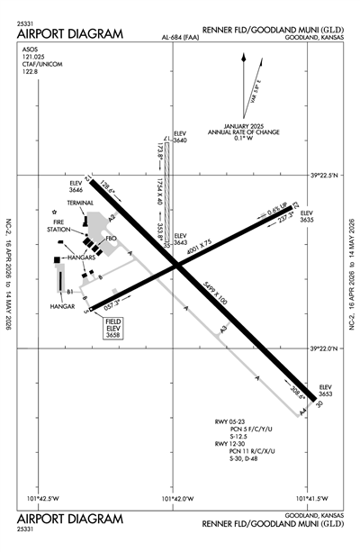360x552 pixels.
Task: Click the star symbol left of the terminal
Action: click(x=53, y=212)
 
